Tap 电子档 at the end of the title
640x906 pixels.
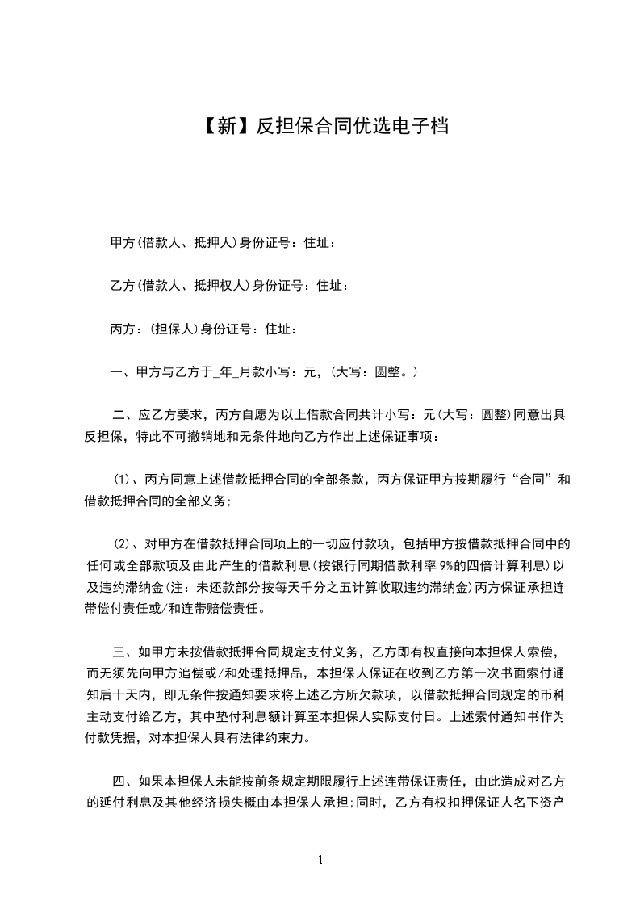[424, 126]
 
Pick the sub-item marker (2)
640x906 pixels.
[121, 543]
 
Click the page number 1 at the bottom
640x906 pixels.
[320, 861]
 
